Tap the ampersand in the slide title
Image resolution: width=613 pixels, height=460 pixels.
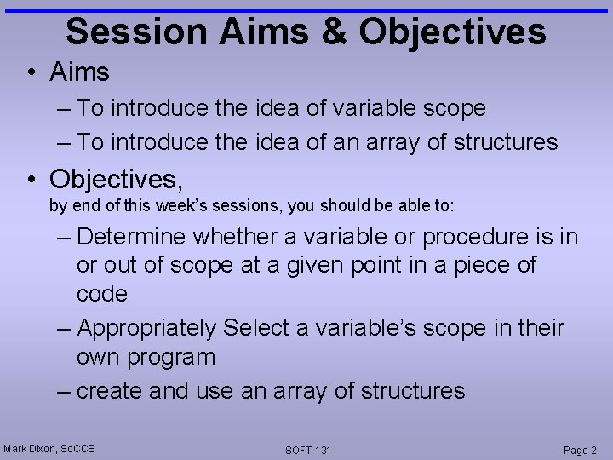pos(339,32)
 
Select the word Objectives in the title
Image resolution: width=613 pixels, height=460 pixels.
pos(452,32)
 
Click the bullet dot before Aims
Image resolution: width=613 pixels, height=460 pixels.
pos(31,73)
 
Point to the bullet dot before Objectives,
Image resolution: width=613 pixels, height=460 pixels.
pos(31,180)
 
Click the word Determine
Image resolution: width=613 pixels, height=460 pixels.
pos(132,236)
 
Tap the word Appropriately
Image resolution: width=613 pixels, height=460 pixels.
pos(146,328)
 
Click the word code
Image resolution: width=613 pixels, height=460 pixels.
pos(101,294)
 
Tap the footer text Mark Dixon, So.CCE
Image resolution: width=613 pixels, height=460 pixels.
pos(49,448)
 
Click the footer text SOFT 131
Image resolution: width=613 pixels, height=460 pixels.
pos(308,450)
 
